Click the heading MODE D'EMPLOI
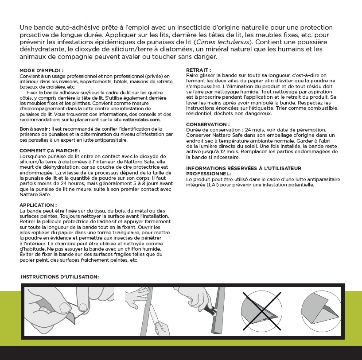pyautogui.click(x=41, y=70)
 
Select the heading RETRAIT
pyautogui.click(x=198, y=70)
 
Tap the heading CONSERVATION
pyautogui.click(x=207, y=124)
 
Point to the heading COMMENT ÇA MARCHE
pyautogui.click(x=50, y=151)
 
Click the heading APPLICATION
pyautogui.click(x=38, y=205)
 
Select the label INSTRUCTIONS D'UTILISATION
pyautogui.click(x=60, y=277)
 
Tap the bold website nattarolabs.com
pyautogui.click(x=141, y=120)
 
